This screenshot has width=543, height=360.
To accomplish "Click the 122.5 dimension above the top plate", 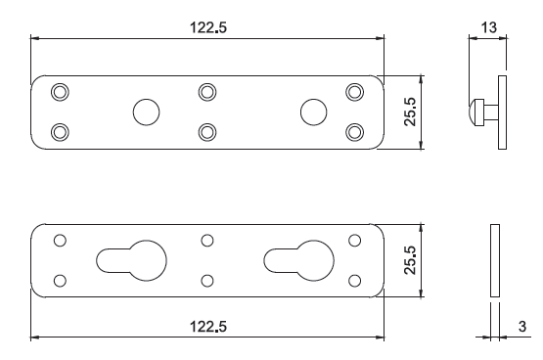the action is point(208,27).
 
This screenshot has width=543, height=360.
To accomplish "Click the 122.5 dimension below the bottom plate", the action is point(208,327).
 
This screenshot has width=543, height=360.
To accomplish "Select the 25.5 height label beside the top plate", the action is point(410,112).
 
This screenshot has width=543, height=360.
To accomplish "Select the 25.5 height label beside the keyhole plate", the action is point(410,260).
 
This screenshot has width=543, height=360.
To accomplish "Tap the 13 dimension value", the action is point(489,27).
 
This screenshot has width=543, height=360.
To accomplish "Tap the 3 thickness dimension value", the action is point(522,327).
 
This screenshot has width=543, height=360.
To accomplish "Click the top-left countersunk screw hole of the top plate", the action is point(60,92).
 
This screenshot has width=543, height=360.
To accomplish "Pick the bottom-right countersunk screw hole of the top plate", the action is point(354,132).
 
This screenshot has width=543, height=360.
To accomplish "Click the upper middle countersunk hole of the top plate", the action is point(207,92).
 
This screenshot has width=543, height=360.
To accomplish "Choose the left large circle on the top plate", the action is point(146,112).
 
